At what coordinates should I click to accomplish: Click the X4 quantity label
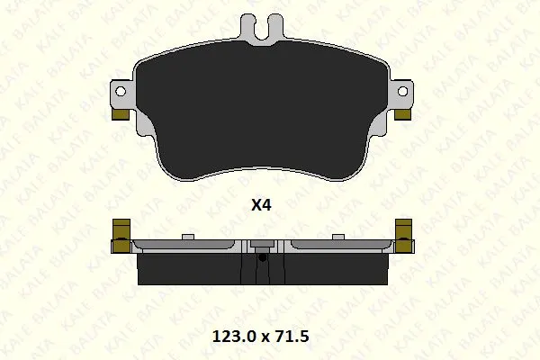pyautogui.click(x=261, y=205)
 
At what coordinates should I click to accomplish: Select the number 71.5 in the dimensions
pyautogui.click(x=292, y=337)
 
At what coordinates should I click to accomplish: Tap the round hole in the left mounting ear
pyautogui.click(x=121, y=91)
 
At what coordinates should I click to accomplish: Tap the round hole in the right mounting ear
pyautogui.click(x=402, y=91)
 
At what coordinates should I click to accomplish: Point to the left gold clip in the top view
pyautogui.click(x=121, y=114)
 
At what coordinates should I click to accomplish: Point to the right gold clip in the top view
pyautogui.click(x=402, y=114)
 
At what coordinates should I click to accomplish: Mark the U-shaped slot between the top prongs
pyautogui.click(x=263, y=31)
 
